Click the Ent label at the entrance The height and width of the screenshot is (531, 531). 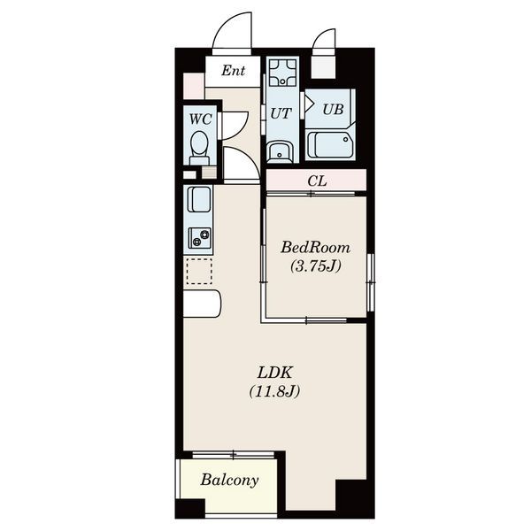click(234, 71)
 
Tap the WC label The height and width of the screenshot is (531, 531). click(201, 119)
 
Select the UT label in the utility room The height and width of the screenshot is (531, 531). click(281, 114)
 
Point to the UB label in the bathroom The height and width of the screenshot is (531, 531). click(333, 109)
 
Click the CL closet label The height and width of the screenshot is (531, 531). click(318, 181)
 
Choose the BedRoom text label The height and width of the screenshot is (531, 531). click(315, 248)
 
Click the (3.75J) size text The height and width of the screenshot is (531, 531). click(316, 266)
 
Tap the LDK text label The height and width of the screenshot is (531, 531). click(274, 373)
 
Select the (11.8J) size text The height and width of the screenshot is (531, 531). click(274, 392)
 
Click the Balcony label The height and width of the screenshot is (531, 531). click(229, 481)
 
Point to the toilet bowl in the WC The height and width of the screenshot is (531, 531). click(199, 148)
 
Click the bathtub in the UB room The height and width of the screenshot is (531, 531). click(330, 145)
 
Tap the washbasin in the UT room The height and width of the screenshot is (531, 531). click(280, 151)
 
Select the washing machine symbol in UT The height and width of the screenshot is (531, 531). click(282, 73)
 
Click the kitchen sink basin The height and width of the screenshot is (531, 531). click(199, 199)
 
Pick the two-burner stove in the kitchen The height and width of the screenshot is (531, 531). click(199, 238)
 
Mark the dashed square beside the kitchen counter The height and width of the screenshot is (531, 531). click(199, 272)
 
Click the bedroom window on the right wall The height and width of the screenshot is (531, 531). click(372, 282)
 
